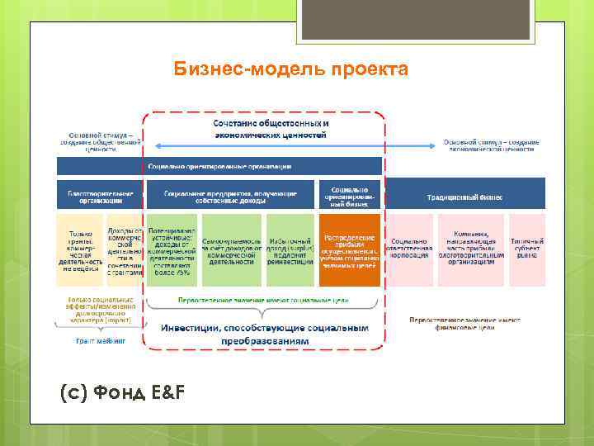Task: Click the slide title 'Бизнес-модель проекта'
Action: point(290,69)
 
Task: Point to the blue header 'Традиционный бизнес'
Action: point(464,197)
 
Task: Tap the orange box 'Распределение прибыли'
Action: point(350,249)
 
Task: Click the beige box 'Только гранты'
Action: point(80,249)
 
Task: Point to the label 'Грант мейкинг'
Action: point(101,339)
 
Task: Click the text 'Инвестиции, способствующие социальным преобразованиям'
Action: point(264,334)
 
